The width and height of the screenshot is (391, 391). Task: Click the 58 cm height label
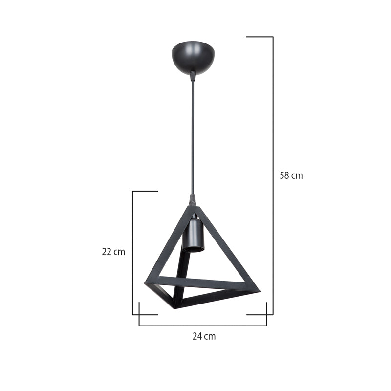pyautogui.click(x=291, y=175)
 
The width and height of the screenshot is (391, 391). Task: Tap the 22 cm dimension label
pyautogui.click(x=113, y=252)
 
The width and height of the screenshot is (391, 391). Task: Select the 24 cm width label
pyautogui.click(x=204, y=336)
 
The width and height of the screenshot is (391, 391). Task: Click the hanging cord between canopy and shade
pyautogui.click(x=193, y=137)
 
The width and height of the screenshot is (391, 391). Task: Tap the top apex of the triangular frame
pyautogui.click(x=192, y=208)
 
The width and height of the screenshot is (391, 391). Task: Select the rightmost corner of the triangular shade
pyautogui.click(x=259, y=292)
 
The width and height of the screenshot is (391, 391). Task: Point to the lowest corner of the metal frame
pyautogui.click(x=174, y=307)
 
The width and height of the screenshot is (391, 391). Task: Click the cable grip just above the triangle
pyautogui.click(x=193, y=199)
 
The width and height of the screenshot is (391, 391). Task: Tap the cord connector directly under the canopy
pyautogui.click(x=193, y=76)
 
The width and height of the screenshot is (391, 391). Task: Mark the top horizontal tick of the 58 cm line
pyautogui.click(x=259, y=37)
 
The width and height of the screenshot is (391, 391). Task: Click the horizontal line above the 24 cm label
pyautogui.click(x=203, y=326)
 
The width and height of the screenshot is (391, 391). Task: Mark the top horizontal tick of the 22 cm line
pyautogui.click(x=145, y=191)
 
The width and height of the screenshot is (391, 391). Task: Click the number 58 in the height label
pyautogui.click(x=284, y=175)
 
